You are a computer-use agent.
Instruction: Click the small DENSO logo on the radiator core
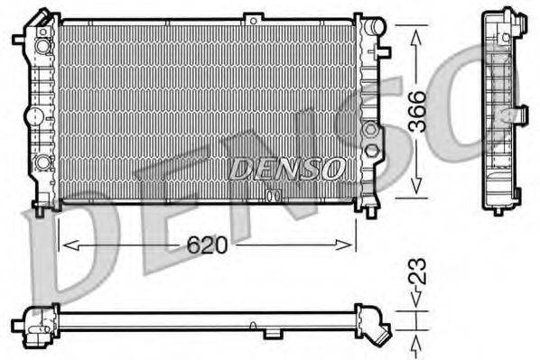(x=285, y=168)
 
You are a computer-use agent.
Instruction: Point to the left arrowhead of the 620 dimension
(x=65, y=245)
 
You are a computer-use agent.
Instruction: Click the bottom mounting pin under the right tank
(x=369, y=212)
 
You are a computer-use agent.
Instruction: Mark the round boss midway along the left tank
(x=33, y=115)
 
